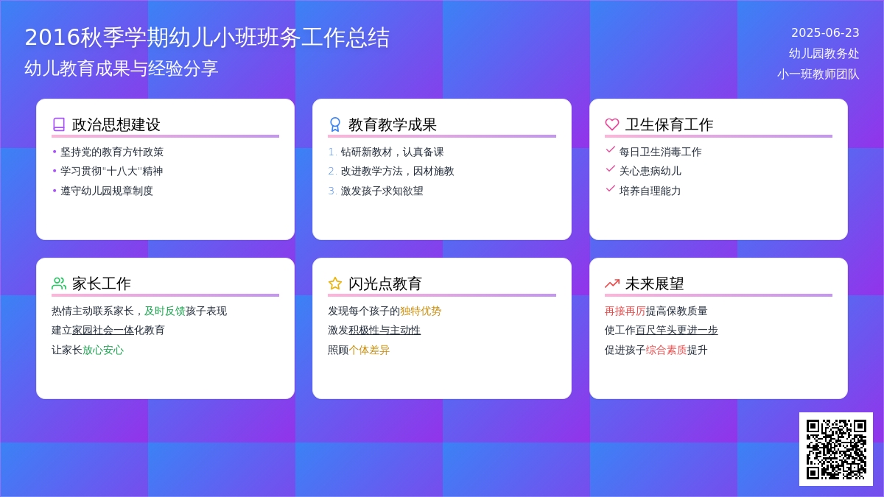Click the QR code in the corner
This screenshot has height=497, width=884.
point(836,449)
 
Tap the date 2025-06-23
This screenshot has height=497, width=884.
point(825,32)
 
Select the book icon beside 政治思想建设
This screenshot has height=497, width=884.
point(59,124)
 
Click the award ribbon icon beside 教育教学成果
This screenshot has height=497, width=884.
point(334,124)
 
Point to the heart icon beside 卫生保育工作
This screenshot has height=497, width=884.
point(611,124)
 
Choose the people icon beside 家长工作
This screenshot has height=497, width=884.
point(59,283)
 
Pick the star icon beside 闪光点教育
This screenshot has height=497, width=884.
point(334,283)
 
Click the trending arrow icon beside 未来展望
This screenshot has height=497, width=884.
point(611,283)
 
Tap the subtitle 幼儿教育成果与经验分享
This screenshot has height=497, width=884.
point(121,68)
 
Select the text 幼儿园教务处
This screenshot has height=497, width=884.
point(824,53)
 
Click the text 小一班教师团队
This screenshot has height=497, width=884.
point(818,74)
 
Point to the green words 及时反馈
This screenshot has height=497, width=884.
point(164,311)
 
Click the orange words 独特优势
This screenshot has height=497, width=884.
point(421,311)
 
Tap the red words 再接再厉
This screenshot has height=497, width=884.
point(625,311)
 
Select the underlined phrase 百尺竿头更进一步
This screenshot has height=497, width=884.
point(676,330)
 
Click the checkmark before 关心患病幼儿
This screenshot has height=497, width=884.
point(610,169)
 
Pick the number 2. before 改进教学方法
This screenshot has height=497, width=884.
point(332,171)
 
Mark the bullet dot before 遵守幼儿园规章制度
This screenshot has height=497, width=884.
point(55,191)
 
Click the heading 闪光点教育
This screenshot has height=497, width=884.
point(385,283)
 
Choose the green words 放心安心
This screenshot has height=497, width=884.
point(103,350)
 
